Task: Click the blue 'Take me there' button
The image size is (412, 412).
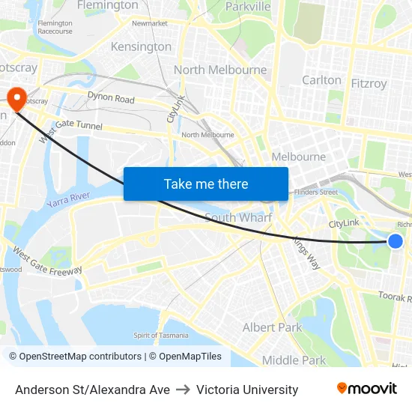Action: [206, 184]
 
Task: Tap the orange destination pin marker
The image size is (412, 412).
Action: [16, 96]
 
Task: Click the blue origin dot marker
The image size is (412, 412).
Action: [396, 240]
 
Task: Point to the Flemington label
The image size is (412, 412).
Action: [108, 5]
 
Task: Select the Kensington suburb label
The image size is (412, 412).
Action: [141, 46]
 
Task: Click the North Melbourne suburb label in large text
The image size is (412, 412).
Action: [220, 70]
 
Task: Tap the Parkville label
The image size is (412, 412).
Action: [248, 7]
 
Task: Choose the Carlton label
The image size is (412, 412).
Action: [321, 80]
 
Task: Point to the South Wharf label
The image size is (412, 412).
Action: [238, 217]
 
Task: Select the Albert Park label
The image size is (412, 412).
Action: [272, 327]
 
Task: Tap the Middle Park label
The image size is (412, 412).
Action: [294, 360]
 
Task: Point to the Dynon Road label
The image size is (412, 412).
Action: [111, 98]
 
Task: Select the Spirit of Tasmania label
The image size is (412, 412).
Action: [161, 335]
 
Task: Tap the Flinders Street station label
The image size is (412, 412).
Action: [316, 193]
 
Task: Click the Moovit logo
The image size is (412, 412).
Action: [366, 388]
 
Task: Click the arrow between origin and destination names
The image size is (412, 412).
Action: [183, 390]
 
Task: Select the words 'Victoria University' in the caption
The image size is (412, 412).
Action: [247, 390]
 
